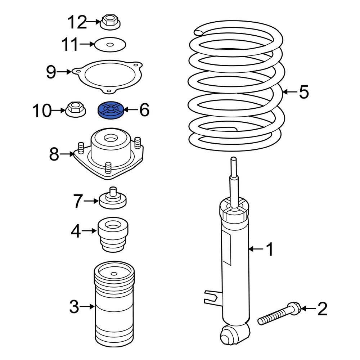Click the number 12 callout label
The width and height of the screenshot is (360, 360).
77,23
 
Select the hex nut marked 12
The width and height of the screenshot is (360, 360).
110,22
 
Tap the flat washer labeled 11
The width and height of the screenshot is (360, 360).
110,45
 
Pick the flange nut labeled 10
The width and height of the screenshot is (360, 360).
74,109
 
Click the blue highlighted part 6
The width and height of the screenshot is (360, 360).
111,109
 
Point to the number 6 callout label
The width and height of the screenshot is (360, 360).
144,110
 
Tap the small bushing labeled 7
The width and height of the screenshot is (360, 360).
113,199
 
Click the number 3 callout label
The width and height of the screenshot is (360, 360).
73,307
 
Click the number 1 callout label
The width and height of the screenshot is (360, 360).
270,249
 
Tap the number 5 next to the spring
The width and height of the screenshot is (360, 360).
304,92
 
